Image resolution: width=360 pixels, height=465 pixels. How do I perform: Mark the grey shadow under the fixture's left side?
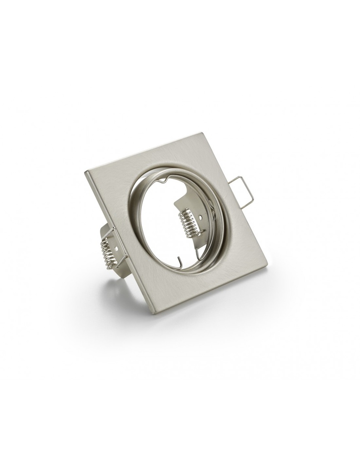[x=114, y=291]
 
